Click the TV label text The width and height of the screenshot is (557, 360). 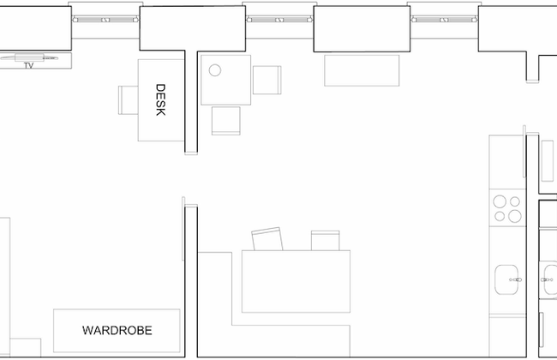tap(29, 65)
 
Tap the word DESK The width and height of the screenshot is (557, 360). tap(160, 100)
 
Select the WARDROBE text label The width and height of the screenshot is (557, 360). tap(117, 331)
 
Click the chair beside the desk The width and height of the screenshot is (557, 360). tap(129, 100)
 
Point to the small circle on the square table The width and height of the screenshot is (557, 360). tap(215, 70)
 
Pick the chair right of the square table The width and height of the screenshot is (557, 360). tap(267, 80)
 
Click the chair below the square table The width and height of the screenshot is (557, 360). tap(226, 121)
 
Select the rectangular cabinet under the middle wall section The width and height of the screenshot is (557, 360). tap(362, 70)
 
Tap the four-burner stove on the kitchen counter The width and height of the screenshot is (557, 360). tap(507, 208)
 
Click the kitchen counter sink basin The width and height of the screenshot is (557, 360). tap(506, 279)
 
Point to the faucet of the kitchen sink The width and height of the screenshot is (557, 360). tap(516, 279)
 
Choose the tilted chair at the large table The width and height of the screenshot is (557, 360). tap(267, 239)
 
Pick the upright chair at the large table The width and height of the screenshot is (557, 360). tap(325, 241)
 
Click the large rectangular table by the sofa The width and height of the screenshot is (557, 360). tap(296, 281)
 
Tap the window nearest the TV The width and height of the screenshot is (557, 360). tap(105, 20)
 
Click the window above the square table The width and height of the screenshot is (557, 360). tap(279, 20)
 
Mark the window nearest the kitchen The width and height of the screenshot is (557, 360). tap(444, 20)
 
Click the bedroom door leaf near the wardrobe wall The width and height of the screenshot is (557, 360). tap(183, 229)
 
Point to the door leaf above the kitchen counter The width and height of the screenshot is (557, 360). tap(524, 152)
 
